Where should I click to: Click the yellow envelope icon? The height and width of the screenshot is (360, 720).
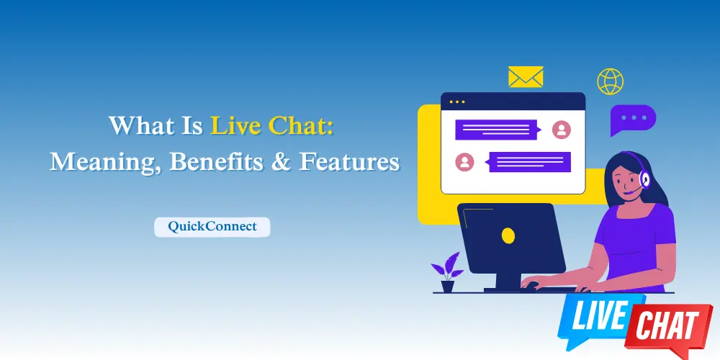526,77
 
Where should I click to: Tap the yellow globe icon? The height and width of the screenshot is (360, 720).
610,81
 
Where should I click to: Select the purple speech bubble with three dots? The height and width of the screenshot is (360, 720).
633,119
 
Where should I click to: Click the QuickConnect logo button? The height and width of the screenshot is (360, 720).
212,227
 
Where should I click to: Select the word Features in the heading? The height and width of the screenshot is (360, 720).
349,161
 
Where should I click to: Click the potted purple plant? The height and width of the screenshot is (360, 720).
447,271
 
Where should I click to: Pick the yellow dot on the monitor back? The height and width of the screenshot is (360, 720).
508,235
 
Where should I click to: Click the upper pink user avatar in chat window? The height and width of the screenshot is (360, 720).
561,130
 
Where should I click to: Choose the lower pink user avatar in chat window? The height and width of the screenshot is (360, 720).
464,162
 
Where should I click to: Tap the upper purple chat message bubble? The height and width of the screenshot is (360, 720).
497,130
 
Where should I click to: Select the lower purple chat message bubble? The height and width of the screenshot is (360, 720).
529,162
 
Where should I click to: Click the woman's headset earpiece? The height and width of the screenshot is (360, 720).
644,179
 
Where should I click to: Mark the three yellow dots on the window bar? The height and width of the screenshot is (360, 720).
457,102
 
